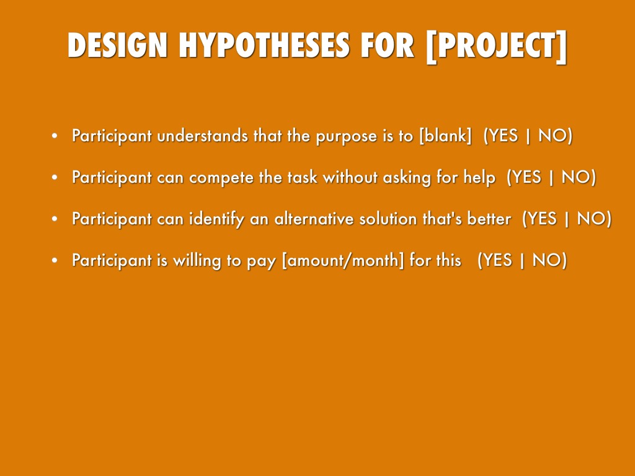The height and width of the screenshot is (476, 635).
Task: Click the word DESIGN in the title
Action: point(118,45)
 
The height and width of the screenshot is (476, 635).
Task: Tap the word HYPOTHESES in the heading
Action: point(264,45)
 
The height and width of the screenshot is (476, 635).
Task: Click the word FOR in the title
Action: point(388,45)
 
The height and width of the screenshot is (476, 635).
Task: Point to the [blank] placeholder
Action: point(445,136)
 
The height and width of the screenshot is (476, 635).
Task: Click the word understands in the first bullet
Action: point(203,136)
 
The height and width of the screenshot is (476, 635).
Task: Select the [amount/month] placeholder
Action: point(342,260)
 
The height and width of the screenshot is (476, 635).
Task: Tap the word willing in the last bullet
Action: point(197,261)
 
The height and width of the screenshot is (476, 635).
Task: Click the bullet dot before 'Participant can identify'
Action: point(55,219)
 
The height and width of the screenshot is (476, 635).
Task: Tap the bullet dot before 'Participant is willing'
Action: point(55,260)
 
